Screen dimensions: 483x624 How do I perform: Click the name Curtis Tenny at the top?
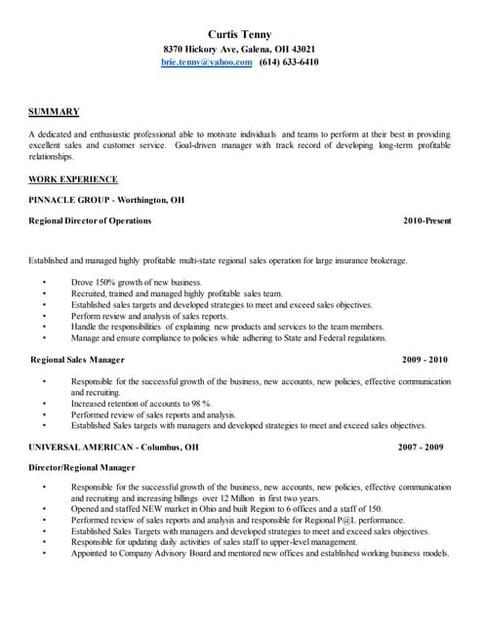(239, 33)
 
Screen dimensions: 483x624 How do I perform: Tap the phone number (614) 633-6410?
(289, 61)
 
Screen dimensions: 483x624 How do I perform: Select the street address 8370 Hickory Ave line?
(239, 48)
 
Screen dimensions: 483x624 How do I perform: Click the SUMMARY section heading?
(54, 111)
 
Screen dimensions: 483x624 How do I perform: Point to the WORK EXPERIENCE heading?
(73, 179)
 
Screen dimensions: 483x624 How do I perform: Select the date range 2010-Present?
(426, 221)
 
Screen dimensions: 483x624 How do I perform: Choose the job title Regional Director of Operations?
(91, 221)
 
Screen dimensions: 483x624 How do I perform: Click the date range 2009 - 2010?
(426, 359)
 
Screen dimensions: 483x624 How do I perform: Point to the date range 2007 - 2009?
(421, 447)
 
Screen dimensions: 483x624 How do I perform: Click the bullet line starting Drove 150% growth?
(136, 282)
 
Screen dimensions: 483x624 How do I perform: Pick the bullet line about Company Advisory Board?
(259, 554)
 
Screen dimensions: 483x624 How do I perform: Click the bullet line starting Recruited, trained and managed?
(176, 292)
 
